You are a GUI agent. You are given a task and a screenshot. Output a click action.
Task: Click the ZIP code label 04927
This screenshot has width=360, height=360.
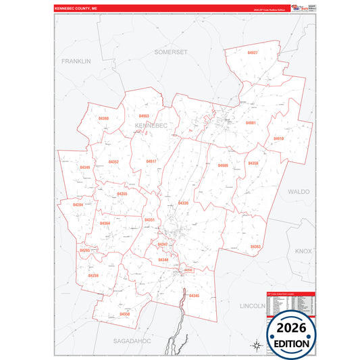(x=253, y=52)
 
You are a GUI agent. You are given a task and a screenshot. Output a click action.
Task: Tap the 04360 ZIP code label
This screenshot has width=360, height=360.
(x=103, y=118)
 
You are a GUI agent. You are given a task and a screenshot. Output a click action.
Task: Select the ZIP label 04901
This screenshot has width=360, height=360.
(x=251, y=123)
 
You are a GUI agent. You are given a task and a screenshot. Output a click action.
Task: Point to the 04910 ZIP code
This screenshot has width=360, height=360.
(x=278, y=138)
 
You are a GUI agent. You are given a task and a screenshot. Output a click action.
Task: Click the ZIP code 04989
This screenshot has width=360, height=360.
(x=223, y=165)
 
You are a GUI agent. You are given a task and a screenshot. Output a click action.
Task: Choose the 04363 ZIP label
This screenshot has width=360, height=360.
(x=255, y=247)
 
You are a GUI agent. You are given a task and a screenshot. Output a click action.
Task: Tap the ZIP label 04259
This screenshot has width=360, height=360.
(x=93, y=276)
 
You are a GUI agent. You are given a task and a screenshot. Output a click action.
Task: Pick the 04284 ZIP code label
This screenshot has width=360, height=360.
(x=78, y=205)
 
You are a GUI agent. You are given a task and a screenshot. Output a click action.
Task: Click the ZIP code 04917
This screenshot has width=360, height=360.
(x=151, y=161)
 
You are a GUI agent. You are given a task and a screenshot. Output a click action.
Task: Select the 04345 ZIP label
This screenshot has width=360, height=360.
(x=194, y=296)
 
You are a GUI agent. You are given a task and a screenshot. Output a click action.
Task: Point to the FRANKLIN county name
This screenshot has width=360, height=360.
(x=76, y=61)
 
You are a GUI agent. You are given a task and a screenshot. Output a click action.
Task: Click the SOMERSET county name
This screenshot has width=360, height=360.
(x=170, y=51)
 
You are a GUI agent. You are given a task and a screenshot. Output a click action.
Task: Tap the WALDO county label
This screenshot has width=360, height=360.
(x=299, y=191)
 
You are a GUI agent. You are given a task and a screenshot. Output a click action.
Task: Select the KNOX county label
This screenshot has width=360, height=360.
(x=303, y=251)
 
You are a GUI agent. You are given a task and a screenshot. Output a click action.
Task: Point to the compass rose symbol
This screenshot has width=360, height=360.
(x=256, y=345)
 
